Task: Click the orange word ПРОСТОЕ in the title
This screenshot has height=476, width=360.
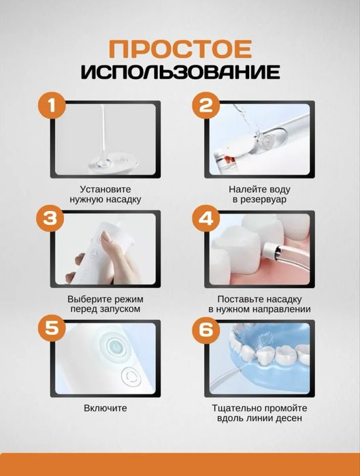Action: coord(180,50)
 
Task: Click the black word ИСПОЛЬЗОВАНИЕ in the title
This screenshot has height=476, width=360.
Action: coord(180,72)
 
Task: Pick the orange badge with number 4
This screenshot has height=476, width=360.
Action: coord(205,218)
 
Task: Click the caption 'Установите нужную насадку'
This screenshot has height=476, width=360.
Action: coord(105,194)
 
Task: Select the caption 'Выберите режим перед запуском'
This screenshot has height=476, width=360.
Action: coord(105,304)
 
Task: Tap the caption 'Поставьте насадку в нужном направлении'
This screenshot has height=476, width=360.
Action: coord(259,304)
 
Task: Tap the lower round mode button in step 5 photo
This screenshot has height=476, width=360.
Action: coord(129,375)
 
